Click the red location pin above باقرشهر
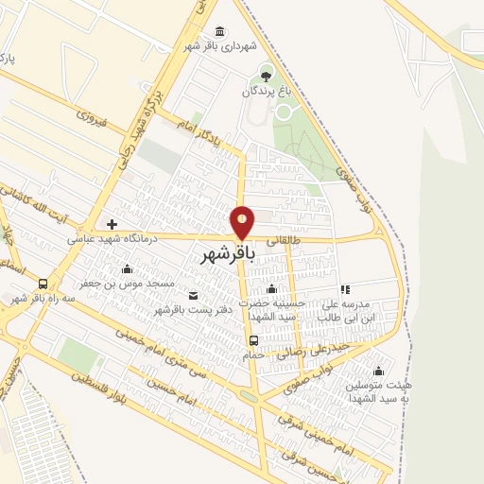(x=242, y=221)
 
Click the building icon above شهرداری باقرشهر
(x=220, y=31)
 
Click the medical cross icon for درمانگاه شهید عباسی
(x=112, y=224)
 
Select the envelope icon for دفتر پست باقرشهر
(x=194, y=296)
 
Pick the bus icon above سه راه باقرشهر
(x=43, y=284)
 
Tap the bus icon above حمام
(x=253, y=341)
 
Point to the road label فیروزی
(x=93, y=121)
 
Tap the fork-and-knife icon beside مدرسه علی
(x=345, y=289)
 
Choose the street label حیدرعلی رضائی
(x=321, y=351)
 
